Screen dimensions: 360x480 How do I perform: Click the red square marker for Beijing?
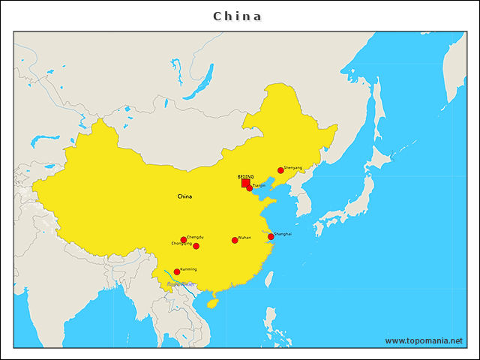[x=245, y=183]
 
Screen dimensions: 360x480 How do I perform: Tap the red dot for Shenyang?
[x=280, y=170]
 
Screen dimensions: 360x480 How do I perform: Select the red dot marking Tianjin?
[x=250, y=188]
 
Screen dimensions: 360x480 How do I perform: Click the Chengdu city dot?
[x=184, y=240]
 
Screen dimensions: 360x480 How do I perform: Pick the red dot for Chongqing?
[x=196, y=246]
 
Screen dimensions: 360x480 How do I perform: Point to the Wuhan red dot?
[x=235, y=240]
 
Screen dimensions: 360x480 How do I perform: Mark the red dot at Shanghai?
[x=271, y=237]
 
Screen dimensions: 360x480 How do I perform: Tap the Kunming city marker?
[x=177, y=271]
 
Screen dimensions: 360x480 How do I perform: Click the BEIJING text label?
[x=245, y=177]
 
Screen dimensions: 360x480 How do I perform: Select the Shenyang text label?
[x=293, y=168]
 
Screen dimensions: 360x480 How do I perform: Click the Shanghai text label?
[x=283, y=234]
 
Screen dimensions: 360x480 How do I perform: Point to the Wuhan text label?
[x=244, y=238]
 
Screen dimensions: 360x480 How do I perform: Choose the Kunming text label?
[x=188, y=268]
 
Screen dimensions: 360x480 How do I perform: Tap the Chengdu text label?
[x=195, y=237]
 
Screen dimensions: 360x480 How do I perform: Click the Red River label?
[x=181, y=284]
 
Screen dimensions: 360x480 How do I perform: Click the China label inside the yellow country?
[x=184, y=196]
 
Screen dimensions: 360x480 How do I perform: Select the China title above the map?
[x=238, y=16]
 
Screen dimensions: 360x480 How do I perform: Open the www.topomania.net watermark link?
[x=424, y=340]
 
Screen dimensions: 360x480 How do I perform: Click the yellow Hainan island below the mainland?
[x=213, y=303]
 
